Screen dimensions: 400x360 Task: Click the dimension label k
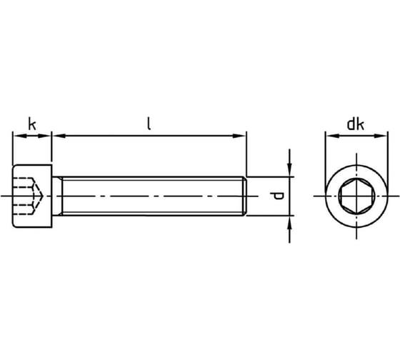(x=32, y=124)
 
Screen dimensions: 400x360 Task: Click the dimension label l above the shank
(x=149, y=124)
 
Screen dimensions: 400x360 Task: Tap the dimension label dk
(x=356, y=124)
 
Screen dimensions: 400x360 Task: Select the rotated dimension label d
(x=277, y=196)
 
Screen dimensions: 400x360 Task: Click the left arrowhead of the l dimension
(x=59, y=136)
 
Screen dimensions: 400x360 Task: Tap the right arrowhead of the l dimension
(x=239, y=136)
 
